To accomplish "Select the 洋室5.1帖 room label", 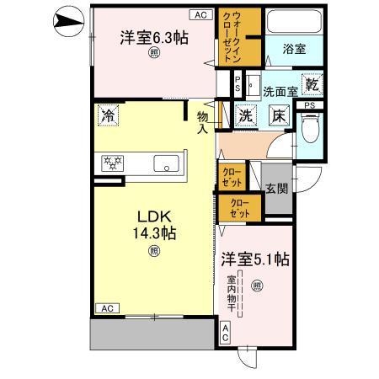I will click(255, 260).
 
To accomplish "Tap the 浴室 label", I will click(295, 49).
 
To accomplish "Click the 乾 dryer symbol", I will click(312, 84).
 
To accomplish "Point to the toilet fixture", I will click(310, 128).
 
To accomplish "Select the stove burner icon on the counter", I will click(112, 163).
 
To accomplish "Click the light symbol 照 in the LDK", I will click(153, 250).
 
